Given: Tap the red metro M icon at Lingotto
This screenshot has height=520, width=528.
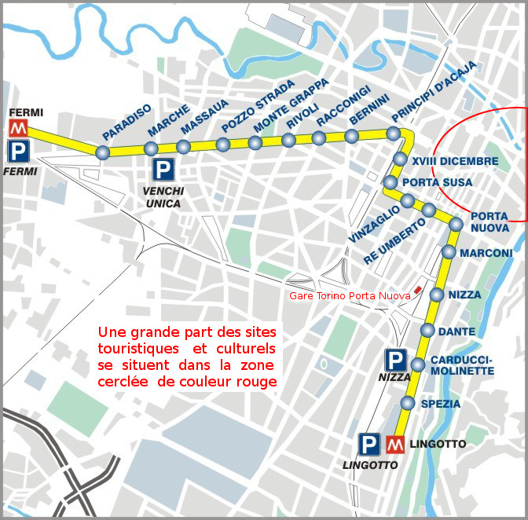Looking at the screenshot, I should pos(395,444).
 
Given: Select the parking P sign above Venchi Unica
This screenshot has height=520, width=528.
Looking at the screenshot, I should pos(163,170).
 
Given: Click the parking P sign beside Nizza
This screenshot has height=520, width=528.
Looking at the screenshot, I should pos(395,361).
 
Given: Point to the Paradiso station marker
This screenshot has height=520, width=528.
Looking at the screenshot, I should pos(102,152).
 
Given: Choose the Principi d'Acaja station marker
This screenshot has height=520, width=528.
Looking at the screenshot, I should pos(394,134).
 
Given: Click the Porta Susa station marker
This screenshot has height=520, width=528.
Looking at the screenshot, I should pos(390,183).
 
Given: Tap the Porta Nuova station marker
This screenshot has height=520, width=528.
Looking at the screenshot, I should pos(456,225).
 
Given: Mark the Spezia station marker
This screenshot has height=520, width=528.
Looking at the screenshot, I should pos(407,404).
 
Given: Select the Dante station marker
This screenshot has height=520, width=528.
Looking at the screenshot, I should pos(427,330).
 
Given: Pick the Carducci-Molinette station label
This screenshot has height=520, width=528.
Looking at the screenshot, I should pos(462,365).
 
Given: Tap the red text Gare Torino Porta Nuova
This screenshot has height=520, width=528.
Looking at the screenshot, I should pos(350,295).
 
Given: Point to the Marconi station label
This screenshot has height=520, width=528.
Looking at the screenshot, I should pos(486,253).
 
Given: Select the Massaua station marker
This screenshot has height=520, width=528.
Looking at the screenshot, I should pos(183,147).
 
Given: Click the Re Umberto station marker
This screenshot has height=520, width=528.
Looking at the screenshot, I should pos(428,211).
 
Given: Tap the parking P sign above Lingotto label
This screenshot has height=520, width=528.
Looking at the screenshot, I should pos(368,444).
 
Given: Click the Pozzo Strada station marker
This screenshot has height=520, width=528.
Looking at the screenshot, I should pos(222,145).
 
